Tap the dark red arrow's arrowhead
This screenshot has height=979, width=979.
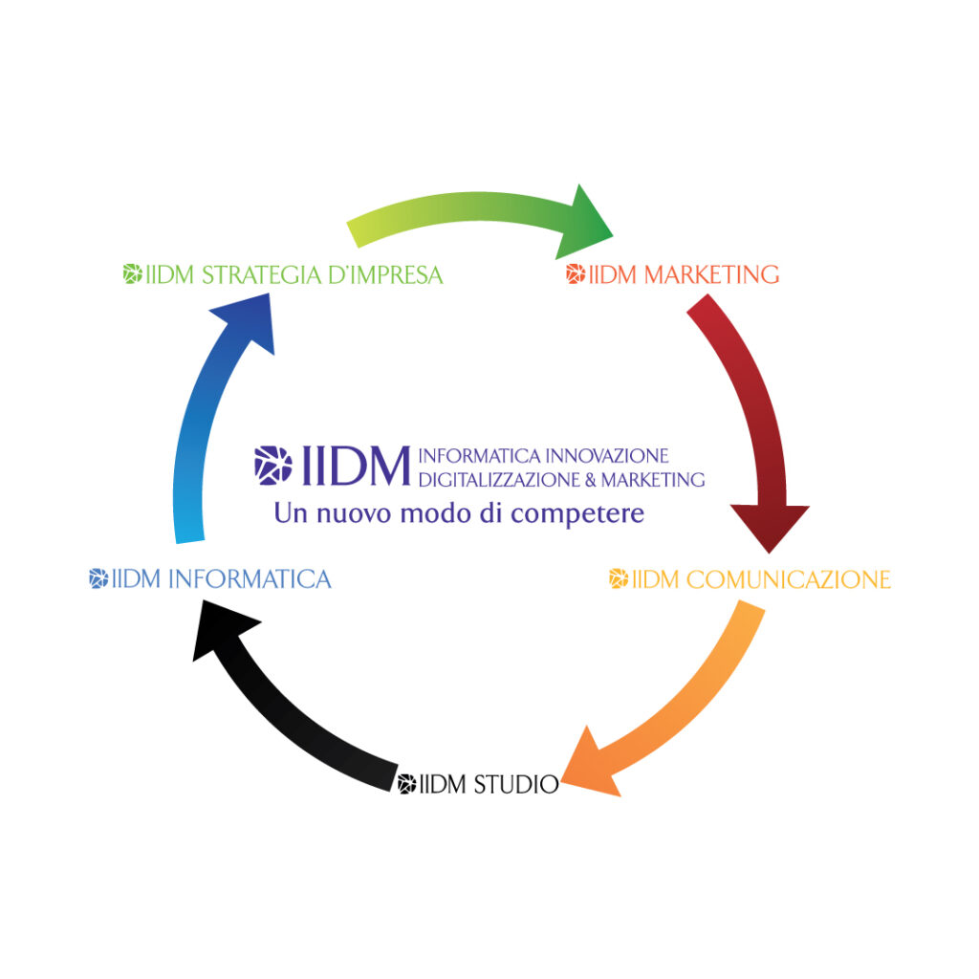[x=770, y=525]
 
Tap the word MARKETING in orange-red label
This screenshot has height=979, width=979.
[x=711, y=274]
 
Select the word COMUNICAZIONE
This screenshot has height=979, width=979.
[x=788, y=579]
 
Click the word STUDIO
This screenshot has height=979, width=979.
[x=515, y=784]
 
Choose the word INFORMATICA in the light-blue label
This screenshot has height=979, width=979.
[x=250, y=579]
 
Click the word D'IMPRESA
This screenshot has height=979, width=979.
[x=385, y=274]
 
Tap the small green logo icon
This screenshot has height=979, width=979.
[x=132, y=273]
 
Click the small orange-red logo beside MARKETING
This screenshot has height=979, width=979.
[x=576, y=273]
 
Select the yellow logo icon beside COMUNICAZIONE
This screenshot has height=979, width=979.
[x=619, y=578]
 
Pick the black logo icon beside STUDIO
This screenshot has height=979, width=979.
[x=407, y=784]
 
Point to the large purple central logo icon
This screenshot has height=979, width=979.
[x=272, y=466]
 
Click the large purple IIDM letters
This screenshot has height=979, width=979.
[x=356, y=466]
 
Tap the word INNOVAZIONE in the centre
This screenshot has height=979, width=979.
[x=607, y=456]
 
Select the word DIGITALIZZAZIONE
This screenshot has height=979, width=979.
[x=499, y=480]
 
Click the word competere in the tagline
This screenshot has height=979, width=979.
[x=577, y=514]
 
